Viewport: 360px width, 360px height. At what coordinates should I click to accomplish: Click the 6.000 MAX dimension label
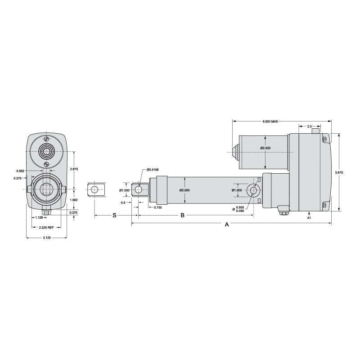pos(270,121)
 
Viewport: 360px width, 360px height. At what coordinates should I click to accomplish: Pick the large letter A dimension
pos(227,225)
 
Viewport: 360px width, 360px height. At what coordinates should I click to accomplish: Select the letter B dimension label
pos(182,216)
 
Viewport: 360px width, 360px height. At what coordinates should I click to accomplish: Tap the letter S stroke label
pos(114,216)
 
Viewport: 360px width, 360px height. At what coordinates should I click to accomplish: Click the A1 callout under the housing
pos(309,218)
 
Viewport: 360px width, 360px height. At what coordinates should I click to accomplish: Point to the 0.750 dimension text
pos(158,207)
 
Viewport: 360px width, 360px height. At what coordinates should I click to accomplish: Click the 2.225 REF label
pos(47,228)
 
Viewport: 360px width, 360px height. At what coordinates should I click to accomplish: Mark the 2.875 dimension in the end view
pos(74,169)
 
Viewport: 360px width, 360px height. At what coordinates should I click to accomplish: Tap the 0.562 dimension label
pos(20,171)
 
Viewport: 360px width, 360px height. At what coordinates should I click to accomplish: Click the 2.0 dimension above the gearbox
pos(310,126)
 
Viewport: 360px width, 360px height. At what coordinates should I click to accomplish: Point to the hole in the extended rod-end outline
pos(94,189)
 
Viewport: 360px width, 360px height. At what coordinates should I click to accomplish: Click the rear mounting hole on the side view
pos(253,190)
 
